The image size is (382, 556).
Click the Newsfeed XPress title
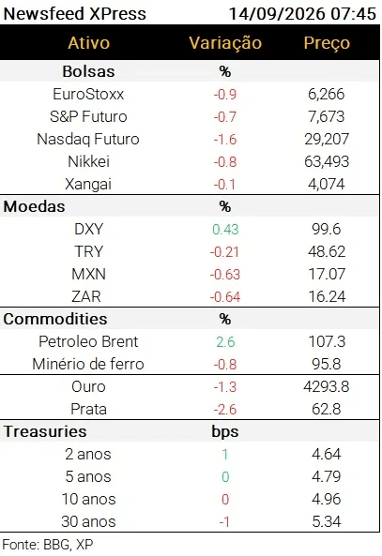pyautogui.click(x=74, y=14)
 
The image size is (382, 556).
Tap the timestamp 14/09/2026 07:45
pyautogui.click(x=302, y=14)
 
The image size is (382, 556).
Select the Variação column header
pyautogui.click(x=225, y=43)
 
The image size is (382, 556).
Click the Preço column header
pyautogui.click(x=327, y=43)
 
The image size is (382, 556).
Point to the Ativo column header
pyautogui.click(x=89, y=43)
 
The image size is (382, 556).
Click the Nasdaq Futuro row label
pyautogui.click(x=88, y=140)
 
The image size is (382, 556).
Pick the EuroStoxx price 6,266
pyautogui.click(x=327, y=95)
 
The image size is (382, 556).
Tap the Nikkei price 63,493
pyautogui.click(x=327, y=161)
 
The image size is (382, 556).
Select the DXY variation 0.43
pyautogui.click(x=225, y=230)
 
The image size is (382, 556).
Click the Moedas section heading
pyautogui.click(x=34, y=206)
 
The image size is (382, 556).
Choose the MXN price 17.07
pyautogui.click(x=327, y=274)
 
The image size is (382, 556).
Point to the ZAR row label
pyautogui.click(x=86, y=297)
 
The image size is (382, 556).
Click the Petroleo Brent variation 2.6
pyautogui.click(x=225, y=342)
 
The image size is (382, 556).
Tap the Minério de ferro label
pyautogui.click(x=88, y=364)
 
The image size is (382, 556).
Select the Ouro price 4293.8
pyautogui.click(x=327, y=387)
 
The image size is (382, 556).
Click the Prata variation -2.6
pyautogui.click(x=225, y=410)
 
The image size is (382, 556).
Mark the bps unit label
pyautogui.click(x=225, y=432)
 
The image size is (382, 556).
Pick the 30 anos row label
pyautogui.click(x=88, y=522)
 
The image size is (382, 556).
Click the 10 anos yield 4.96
pyautogui.click(x=327, y=499)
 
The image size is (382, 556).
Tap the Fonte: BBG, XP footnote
pyautogui.click(x=48, y=545)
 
